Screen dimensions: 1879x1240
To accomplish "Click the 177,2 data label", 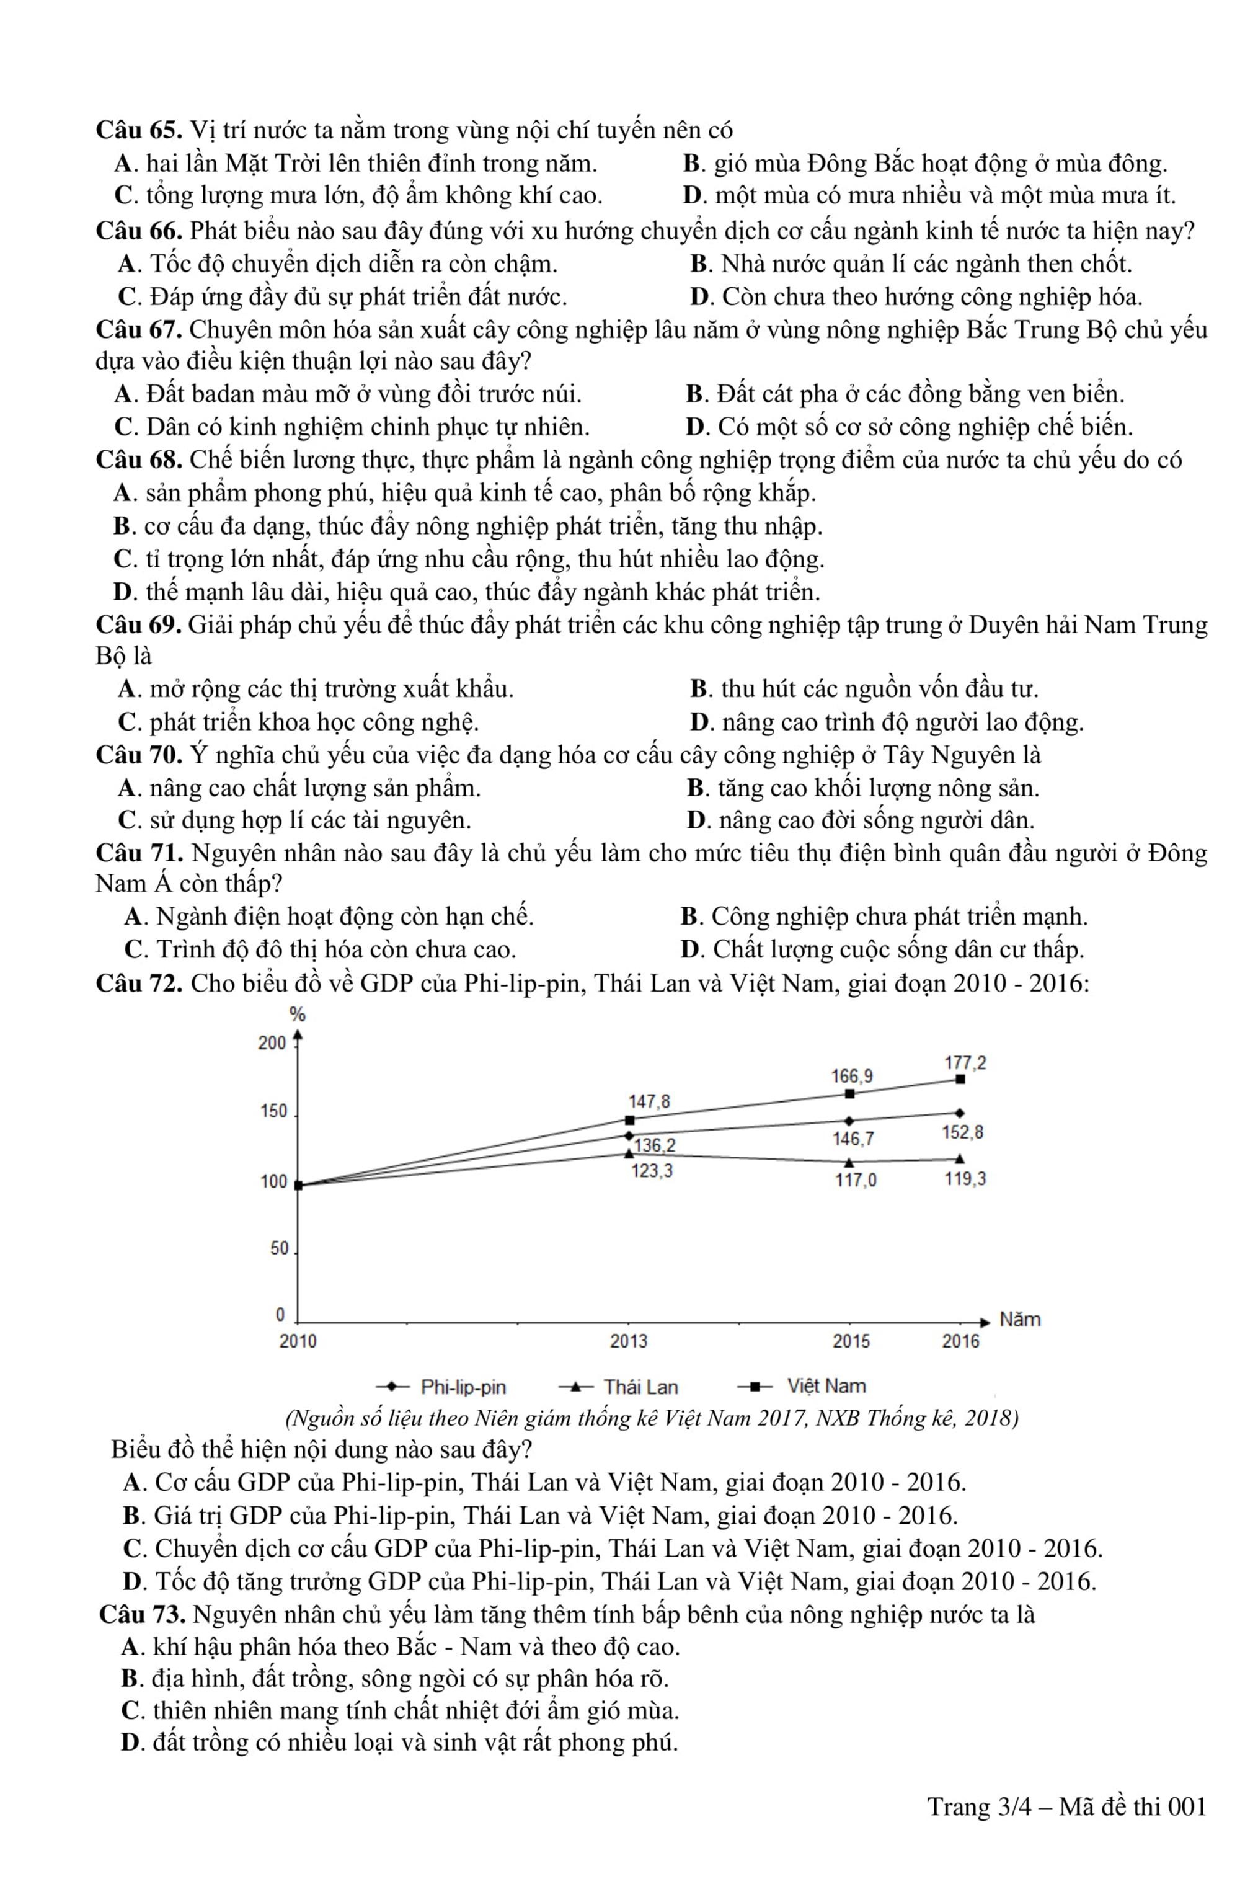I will coord(965,1063).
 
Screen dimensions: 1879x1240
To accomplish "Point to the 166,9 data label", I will coord(852,1077).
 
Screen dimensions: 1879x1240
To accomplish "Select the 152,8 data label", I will coord(962,1132).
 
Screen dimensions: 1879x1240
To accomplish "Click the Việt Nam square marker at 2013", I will coord(629,1120).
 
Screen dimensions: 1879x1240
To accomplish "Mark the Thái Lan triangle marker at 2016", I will coord(960,1160).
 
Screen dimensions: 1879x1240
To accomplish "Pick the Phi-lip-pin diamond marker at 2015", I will coord(849,1121).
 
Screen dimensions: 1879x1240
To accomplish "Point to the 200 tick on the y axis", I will coord(272,1043).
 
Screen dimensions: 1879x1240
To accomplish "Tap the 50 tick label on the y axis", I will coord(279,1249).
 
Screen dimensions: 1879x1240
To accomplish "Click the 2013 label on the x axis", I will coord(629,1341).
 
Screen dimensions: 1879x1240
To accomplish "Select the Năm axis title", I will coord(1019,1320).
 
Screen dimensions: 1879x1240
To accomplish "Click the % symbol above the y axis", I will coord(298,1015).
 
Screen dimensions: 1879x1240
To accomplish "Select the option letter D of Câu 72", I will coord(131,1582).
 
